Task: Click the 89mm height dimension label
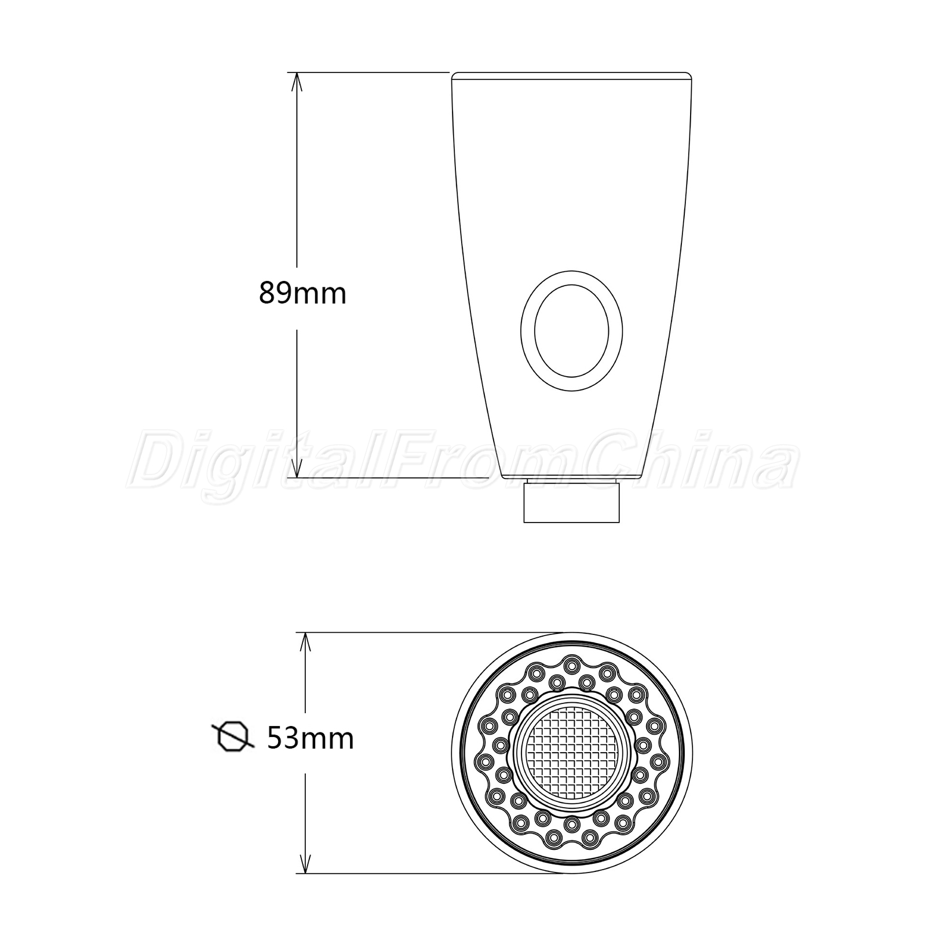[302, 293]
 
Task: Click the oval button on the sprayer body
[571, 331]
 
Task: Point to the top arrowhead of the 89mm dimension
[297, 84]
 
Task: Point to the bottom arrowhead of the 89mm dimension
[297, 466]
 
